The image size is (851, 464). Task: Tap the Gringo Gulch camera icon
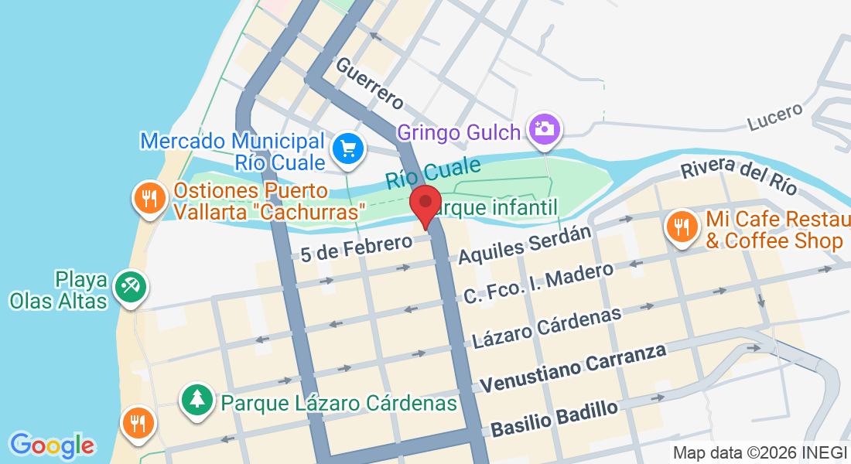pos(545,128)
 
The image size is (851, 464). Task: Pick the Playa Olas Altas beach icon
pos(129,287)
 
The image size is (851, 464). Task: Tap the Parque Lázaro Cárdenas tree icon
pos(198,399)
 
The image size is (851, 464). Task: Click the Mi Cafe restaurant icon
pos(681,226)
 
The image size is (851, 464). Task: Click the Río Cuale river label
pos(432,172)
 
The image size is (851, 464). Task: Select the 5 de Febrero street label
pos(357,248)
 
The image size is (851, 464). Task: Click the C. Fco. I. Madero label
pos(538,283)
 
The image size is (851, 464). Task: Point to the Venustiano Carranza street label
pos(572,367)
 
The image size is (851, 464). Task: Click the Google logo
pos(53,445)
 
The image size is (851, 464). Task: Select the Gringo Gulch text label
pos(459,132)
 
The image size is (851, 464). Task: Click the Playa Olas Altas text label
pos(58,289)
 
